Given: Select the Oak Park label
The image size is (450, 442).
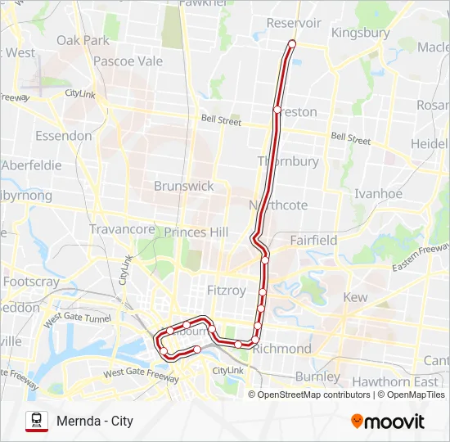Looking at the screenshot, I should [83, 40].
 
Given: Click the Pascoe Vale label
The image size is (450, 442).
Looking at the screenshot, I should [128, 61].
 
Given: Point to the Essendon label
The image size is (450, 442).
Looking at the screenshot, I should [62, 135].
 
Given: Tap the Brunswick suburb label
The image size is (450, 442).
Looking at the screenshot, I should [184, 186].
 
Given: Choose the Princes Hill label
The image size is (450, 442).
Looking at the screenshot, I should [196, 232].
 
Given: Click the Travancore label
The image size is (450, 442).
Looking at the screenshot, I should [122, 229].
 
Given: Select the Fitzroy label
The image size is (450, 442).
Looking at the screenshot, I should [227, 290].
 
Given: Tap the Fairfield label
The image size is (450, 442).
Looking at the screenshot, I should [313, 241].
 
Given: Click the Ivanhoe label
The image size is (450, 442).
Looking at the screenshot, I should [378, 194].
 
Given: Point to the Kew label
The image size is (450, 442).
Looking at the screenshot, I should [356, 297].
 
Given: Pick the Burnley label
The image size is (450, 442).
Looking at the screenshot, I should [317, 377].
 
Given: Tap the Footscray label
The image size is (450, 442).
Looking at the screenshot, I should [31, 282].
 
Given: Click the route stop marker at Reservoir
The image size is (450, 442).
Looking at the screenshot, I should [292, 44].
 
